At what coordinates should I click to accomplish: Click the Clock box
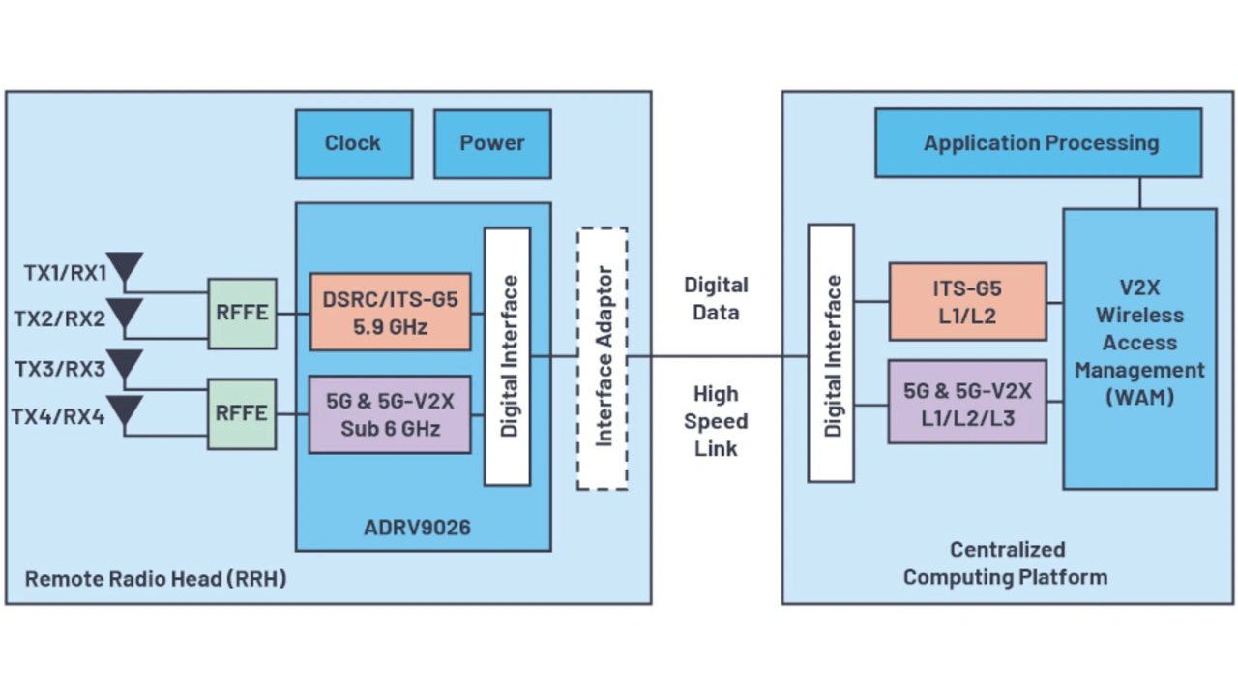click(354, 143)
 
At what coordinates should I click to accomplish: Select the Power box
click(492, 143)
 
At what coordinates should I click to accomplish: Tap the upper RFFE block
click(242, 314)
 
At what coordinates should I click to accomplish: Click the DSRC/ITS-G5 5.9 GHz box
click(391, 312)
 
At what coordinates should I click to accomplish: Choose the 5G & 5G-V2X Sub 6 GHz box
click(390, 414)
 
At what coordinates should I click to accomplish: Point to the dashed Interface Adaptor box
click(603, 358)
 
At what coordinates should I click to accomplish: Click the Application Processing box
click(1039, 143)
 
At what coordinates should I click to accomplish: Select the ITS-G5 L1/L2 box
click(967, 302)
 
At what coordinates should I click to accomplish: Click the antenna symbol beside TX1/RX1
click(125, 268)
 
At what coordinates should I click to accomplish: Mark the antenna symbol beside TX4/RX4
click(125, 411)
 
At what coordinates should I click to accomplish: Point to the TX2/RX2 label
click(60, 318)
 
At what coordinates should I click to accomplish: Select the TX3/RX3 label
click(60, 369)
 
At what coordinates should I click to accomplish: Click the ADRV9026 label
click(417, 528)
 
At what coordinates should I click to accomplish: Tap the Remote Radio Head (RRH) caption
click(156, 579)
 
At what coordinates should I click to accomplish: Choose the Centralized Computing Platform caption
click(1006, 563)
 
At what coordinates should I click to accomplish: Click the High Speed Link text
click(716, 421)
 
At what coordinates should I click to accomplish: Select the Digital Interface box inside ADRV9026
click(508, 356)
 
